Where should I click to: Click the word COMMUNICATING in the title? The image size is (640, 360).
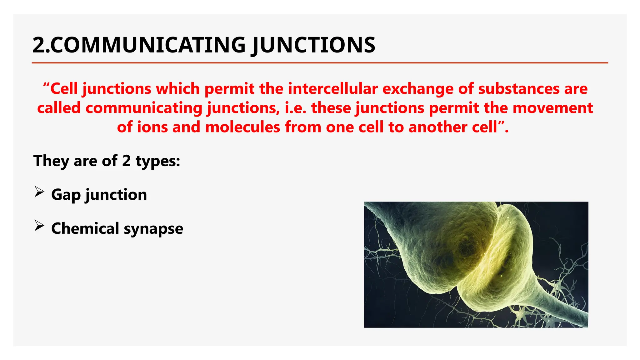[148, 45]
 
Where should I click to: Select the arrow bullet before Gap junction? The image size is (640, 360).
[39, 192]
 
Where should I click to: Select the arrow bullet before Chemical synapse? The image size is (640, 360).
[39, 226]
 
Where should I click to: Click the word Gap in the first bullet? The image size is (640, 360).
[66, 195]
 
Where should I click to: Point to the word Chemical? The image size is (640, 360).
[85, 228]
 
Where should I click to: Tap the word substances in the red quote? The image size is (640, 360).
[518, 89]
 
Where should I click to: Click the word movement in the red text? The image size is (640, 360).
[552, 108]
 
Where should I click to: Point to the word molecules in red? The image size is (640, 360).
[242, 127]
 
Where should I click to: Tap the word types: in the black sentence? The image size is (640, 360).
[158, 162]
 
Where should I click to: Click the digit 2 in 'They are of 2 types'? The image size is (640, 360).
[126, 161]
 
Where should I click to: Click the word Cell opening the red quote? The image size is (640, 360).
[64, 89]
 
